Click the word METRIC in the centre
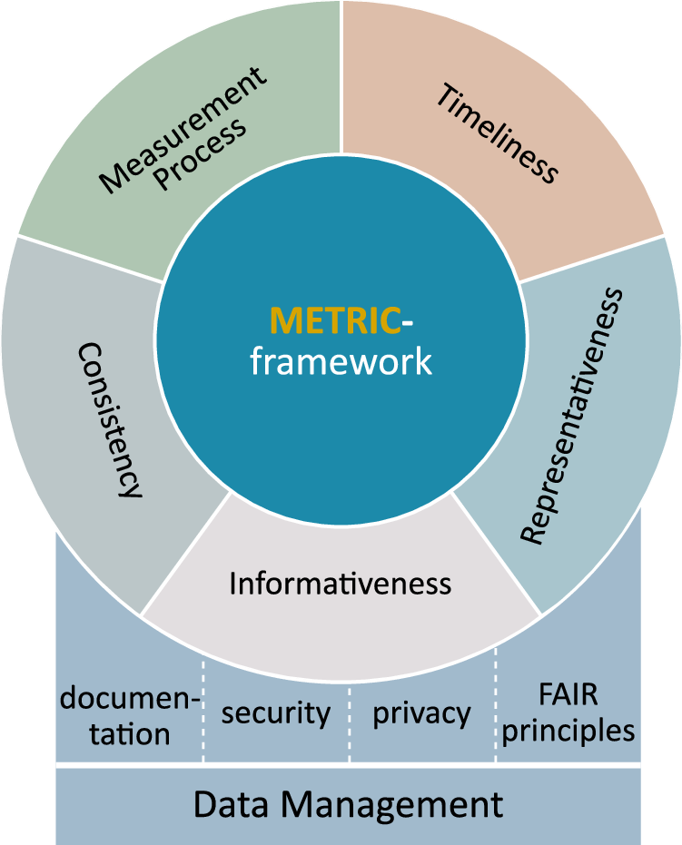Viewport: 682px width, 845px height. [335, 321]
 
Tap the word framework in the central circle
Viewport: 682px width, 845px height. [341, 362]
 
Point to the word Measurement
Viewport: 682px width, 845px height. [182, 129]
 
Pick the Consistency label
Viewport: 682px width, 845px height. [110, 419]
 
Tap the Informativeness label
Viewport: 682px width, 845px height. [340, 583]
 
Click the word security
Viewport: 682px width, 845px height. [276, 713]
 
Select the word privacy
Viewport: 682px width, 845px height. [421, 713]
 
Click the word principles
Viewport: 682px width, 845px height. [568, 730]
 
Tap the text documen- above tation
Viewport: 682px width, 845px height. [130, 699]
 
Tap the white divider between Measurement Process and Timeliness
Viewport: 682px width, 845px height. [341, 73]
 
